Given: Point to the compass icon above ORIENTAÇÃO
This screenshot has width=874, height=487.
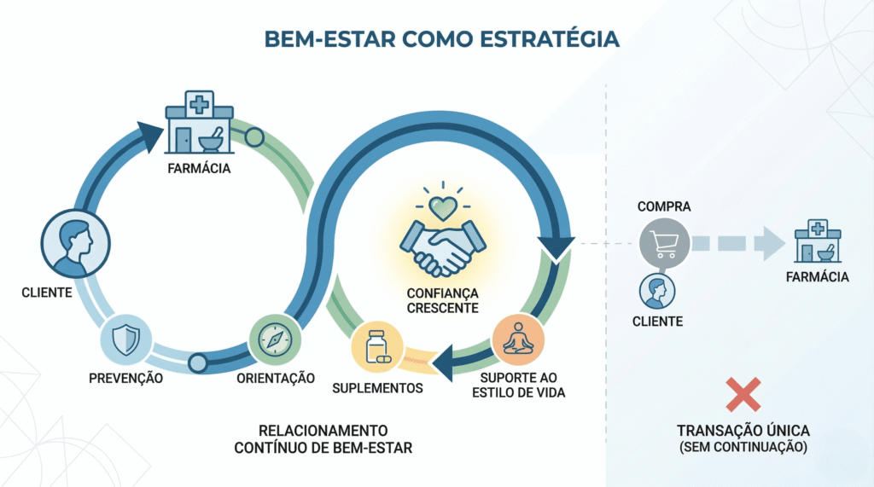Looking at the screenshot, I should click(273, 339).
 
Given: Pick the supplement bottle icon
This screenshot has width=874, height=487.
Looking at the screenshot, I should click(376, 347).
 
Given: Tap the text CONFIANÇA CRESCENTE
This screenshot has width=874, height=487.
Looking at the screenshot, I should click(442, 300).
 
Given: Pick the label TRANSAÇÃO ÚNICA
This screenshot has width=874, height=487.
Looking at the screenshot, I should click(743, 432).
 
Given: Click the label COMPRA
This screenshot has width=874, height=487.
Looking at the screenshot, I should click(663, 207).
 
